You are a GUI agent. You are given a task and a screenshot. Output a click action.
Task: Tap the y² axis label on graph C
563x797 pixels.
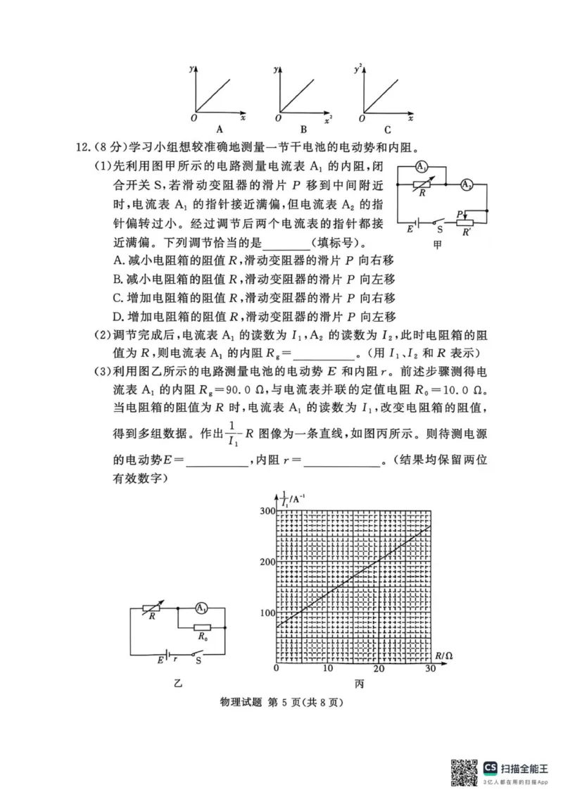point(359,68)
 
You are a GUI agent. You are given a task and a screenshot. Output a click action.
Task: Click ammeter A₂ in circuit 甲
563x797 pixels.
point(466,186)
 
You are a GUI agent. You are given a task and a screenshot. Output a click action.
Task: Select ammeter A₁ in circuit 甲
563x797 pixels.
point(420,168)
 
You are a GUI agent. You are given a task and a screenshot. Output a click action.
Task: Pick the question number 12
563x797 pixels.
point(85,149)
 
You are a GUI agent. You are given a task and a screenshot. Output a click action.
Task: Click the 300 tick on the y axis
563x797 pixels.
point(265,510)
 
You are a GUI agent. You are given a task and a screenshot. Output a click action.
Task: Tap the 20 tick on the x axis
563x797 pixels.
point(379,668)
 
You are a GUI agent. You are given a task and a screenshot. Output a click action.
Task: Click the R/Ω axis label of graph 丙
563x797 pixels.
point(443,655)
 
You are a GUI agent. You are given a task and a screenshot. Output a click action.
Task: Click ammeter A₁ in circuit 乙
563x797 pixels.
point(201,607)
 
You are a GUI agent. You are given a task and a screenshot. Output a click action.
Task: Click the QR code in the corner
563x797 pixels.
point(464,772)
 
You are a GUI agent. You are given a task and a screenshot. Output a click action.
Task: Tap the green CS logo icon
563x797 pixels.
point(491,767)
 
